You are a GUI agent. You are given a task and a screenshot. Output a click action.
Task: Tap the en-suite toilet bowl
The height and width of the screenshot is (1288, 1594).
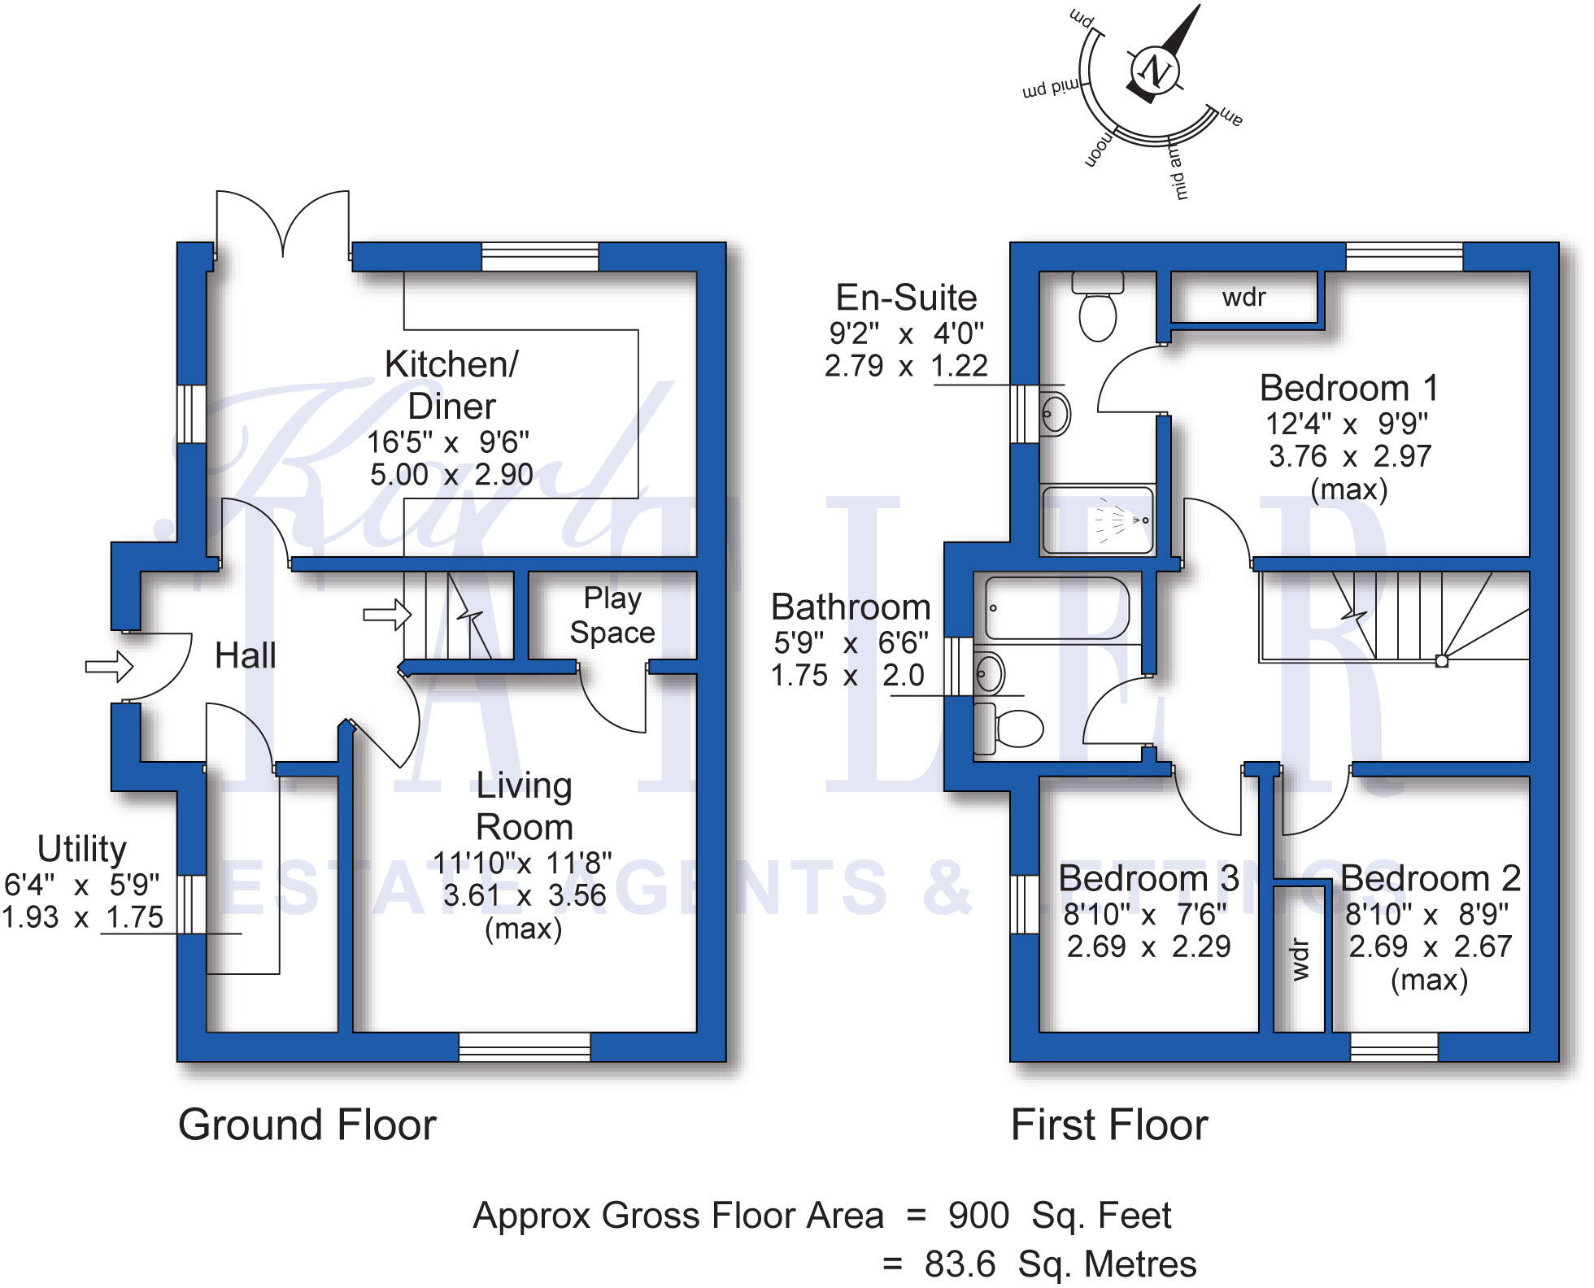point(1097,317)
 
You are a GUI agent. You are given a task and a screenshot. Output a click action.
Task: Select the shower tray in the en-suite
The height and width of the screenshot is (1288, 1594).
point(1097,520)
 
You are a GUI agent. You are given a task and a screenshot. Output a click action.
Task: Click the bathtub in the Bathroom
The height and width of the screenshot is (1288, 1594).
point(1056,608)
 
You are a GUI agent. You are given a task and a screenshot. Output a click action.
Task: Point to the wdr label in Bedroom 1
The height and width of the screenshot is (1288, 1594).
point(1243,298)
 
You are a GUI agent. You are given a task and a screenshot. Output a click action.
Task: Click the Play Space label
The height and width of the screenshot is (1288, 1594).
point(612,616)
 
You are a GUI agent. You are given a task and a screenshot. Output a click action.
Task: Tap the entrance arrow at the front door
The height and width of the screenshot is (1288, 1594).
point(109,667)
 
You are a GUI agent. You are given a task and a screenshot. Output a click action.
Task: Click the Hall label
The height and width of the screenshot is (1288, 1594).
point(245,655)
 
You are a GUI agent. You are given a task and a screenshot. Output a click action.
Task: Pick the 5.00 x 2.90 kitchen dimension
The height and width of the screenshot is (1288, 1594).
point(451,475)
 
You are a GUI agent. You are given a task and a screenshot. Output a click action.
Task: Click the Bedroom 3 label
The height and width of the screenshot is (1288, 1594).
point(1148,879)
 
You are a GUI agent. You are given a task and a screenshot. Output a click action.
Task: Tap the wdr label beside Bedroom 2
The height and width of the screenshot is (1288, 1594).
point(1300,959)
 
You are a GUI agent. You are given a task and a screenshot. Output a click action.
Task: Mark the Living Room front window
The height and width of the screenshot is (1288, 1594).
point(525,1047)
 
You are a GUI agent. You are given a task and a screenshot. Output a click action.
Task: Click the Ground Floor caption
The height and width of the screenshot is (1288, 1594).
point(307,1125)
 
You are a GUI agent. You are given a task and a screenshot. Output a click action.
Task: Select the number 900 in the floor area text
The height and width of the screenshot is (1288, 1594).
point(978,1216)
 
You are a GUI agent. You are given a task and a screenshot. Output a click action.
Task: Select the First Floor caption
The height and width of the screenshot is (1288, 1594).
point(1108,1125)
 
